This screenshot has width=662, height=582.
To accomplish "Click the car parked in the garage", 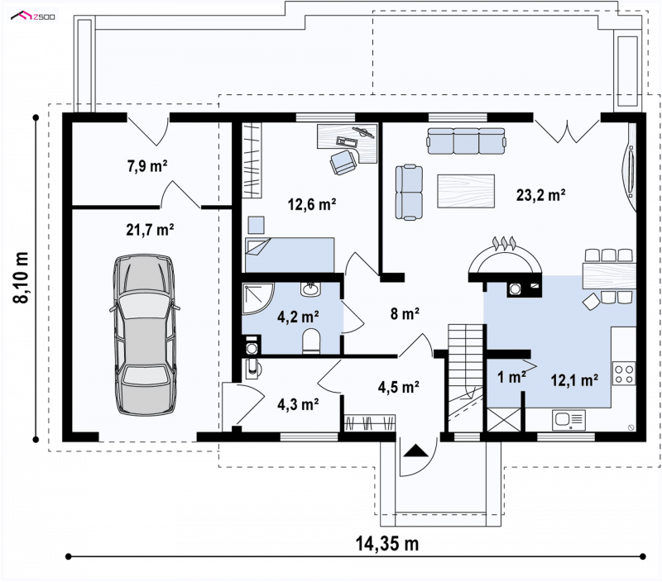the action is coord(145,334).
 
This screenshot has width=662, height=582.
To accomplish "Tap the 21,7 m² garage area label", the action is coord(150,230).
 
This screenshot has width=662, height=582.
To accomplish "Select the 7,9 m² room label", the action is coord(147,166).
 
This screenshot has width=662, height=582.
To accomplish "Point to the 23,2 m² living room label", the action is coord(541,195).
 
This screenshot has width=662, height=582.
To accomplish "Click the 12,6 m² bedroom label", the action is coord(312,204).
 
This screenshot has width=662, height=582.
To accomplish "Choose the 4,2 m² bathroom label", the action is coord(298,317).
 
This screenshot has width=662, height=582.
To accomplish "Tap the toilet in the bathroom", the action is coord(311,341).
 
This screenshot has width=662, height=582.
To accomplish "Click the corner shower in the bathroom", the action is coord(258,298).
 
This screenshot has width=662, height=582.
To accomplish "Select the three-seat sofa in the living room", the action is coord(466,141).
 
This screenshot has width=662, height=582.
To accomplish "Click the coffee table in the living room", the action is coord(466,191).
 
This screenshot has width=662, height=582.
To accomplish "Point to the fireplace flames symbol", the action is coord(505,243).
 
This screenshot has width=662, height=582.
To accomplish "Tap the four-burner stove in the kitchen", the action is coord(624,373).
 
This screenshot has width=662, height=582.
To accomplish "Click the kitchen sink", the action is coord(568,420).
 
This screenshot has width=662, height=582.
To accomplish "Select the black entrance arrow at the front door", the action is coord(416,451).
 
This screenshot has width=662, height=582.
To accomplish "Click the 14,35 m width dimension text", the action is coord(387,544).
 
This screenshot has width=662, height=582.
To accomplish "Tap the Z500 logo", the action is coord(33,17).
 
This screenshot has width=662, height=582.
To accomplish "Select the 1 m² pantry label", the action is coord(511,378).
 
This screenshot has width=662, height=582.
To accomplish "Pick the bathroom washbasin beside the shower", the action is coord(311,289).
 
